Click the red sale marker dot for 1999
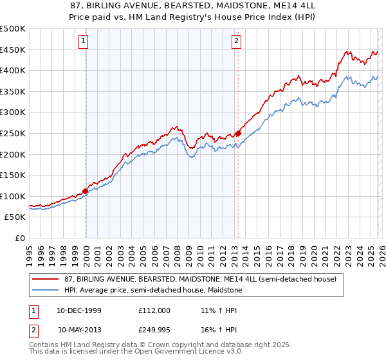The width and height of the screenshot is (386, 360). (x=86, y=191)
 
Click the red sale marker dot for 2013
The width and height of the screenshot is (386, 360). (x=238, y=134)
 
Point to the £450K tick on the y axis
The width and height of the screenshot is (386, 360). (x=13, y=50)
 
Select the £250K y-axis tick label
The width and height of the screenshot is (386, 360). (x=13, y=134)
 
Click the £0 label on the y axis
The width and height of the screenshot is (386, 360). (x=19, y=239)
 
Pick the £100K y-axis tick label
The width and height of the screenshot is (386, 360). (x=13, y=197)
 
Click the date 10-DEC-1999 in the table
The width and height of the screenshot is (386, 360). (x=79, y=310)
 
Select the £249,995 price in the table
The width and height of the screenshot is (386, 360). (x=154, y=330)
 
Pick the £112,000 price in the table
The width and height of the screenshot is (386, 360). (x=154, y=310)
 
